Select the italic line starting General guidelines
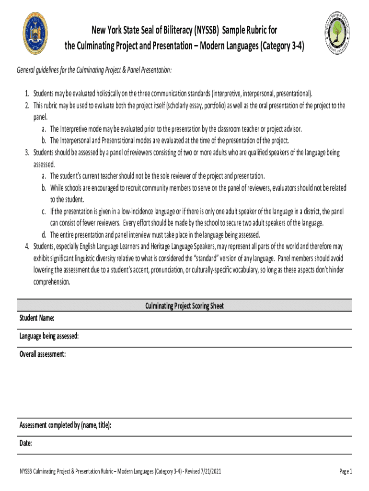94,70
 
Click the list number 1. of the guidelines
28,93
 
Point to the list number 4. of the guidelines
28,246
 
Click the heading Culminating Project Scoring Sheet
184,305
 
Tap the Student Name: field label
36,318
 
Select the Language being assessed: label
49,336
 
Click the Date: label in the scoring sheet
25,443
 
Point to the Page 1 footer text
346,471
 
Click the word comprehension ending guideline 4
52,282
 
